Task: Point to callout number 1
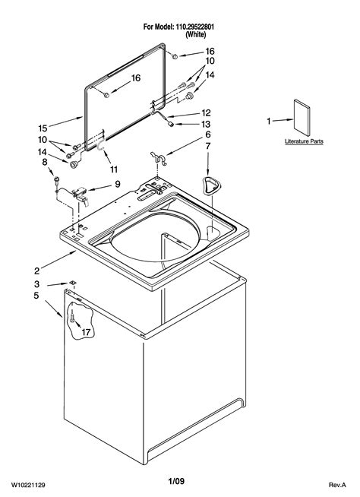[268, 121]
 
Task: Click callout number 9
[117, 183]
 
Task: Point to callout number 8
[44, 161]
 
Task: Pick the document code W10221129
[33, 483]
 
